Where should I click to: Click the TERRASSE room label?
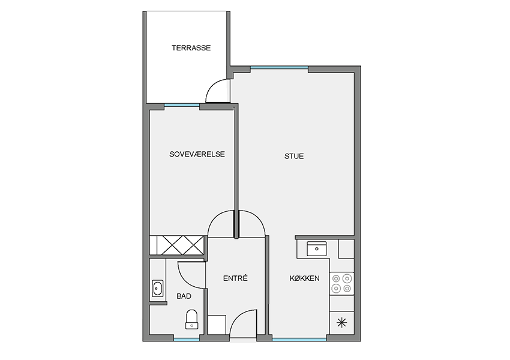click(x=191, y=48)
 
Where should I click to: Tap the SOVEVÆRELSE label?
click(x=197, y=154)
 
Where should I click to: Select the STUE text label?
click(x=294, y=156)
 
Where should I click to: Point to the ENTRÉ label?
click(x=235, y=278)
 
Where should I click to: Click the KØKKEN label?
click(x=304, y=278)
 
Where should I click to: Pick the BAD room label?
click(x=184, y=296)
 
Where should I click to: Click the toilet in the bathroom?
click(x=191, y=319)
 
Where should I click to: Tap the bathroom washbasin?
click(x=158, y=288)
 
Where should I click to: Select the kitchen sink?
click(x=316, y=249)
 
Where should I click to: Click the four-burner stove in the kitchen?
click(x=341, y=283)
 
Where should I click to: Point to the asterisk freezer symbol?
click(x=341, y=323)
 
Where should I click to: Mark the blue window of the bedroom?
click(x=182, y=105)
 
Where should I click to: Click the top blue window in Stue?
click(x=279, y=68)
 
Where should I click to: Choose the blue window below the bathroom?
click(x=187, y=340)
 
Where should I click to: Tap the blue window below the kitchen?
click(x=299, y=340)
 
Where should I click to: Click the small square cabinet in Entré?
click(x=217, y=324)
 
